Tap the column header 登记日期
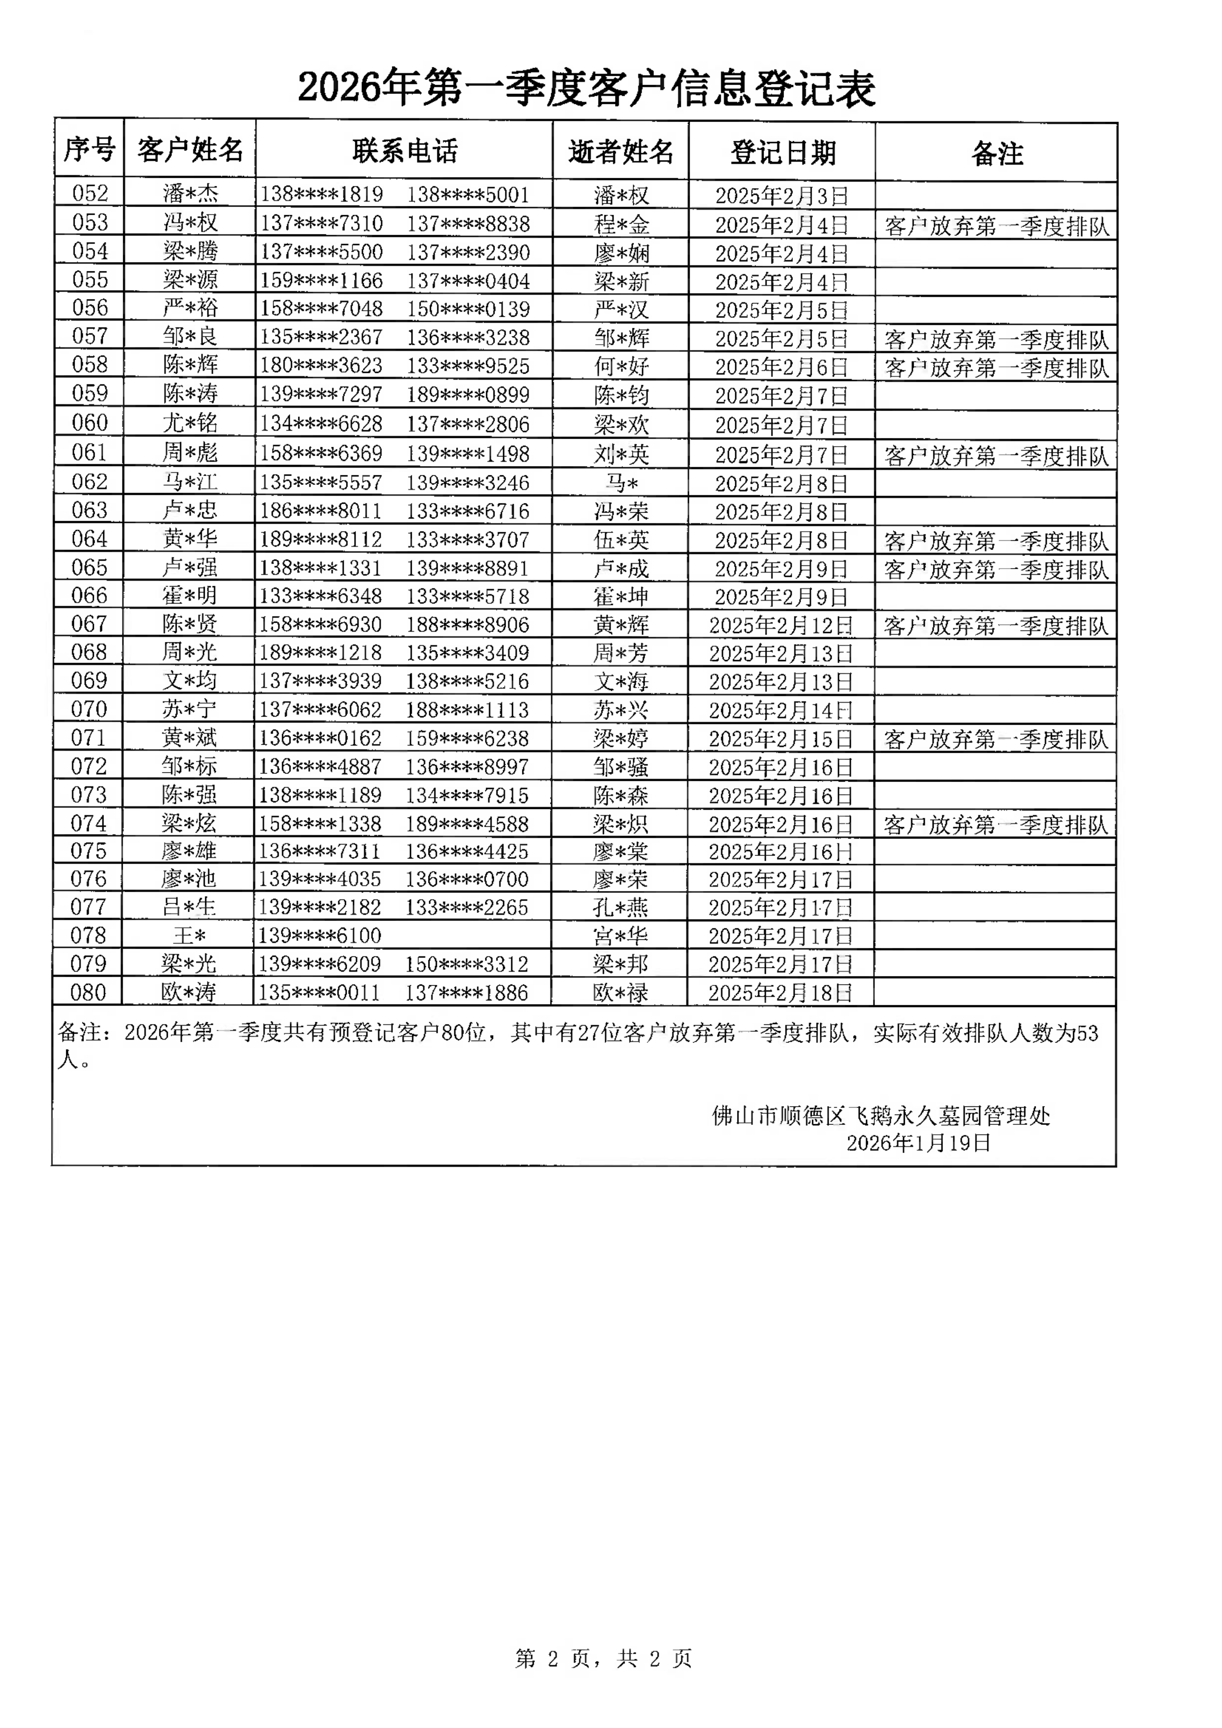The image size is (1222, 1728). click(x=782, y=153)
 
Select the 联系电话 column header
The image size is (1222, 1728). click(x=405, y=151)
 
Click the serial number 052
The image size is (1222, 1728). click(x=90, y=194)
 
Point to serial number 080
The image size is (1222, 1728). click(x=88, y=992)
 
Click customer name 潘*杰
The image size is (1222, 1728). click(x=191, y=194)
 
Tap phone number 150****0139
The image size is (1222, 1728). click(x=468, y=309)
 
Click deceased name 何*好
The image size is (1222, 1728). click(x=621, y=366)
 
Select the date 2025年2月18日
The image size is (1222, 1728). click(x=780, y=993)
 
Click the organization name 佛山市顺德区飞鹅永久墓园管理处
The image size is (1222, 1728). click(x=880, y=1115)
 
